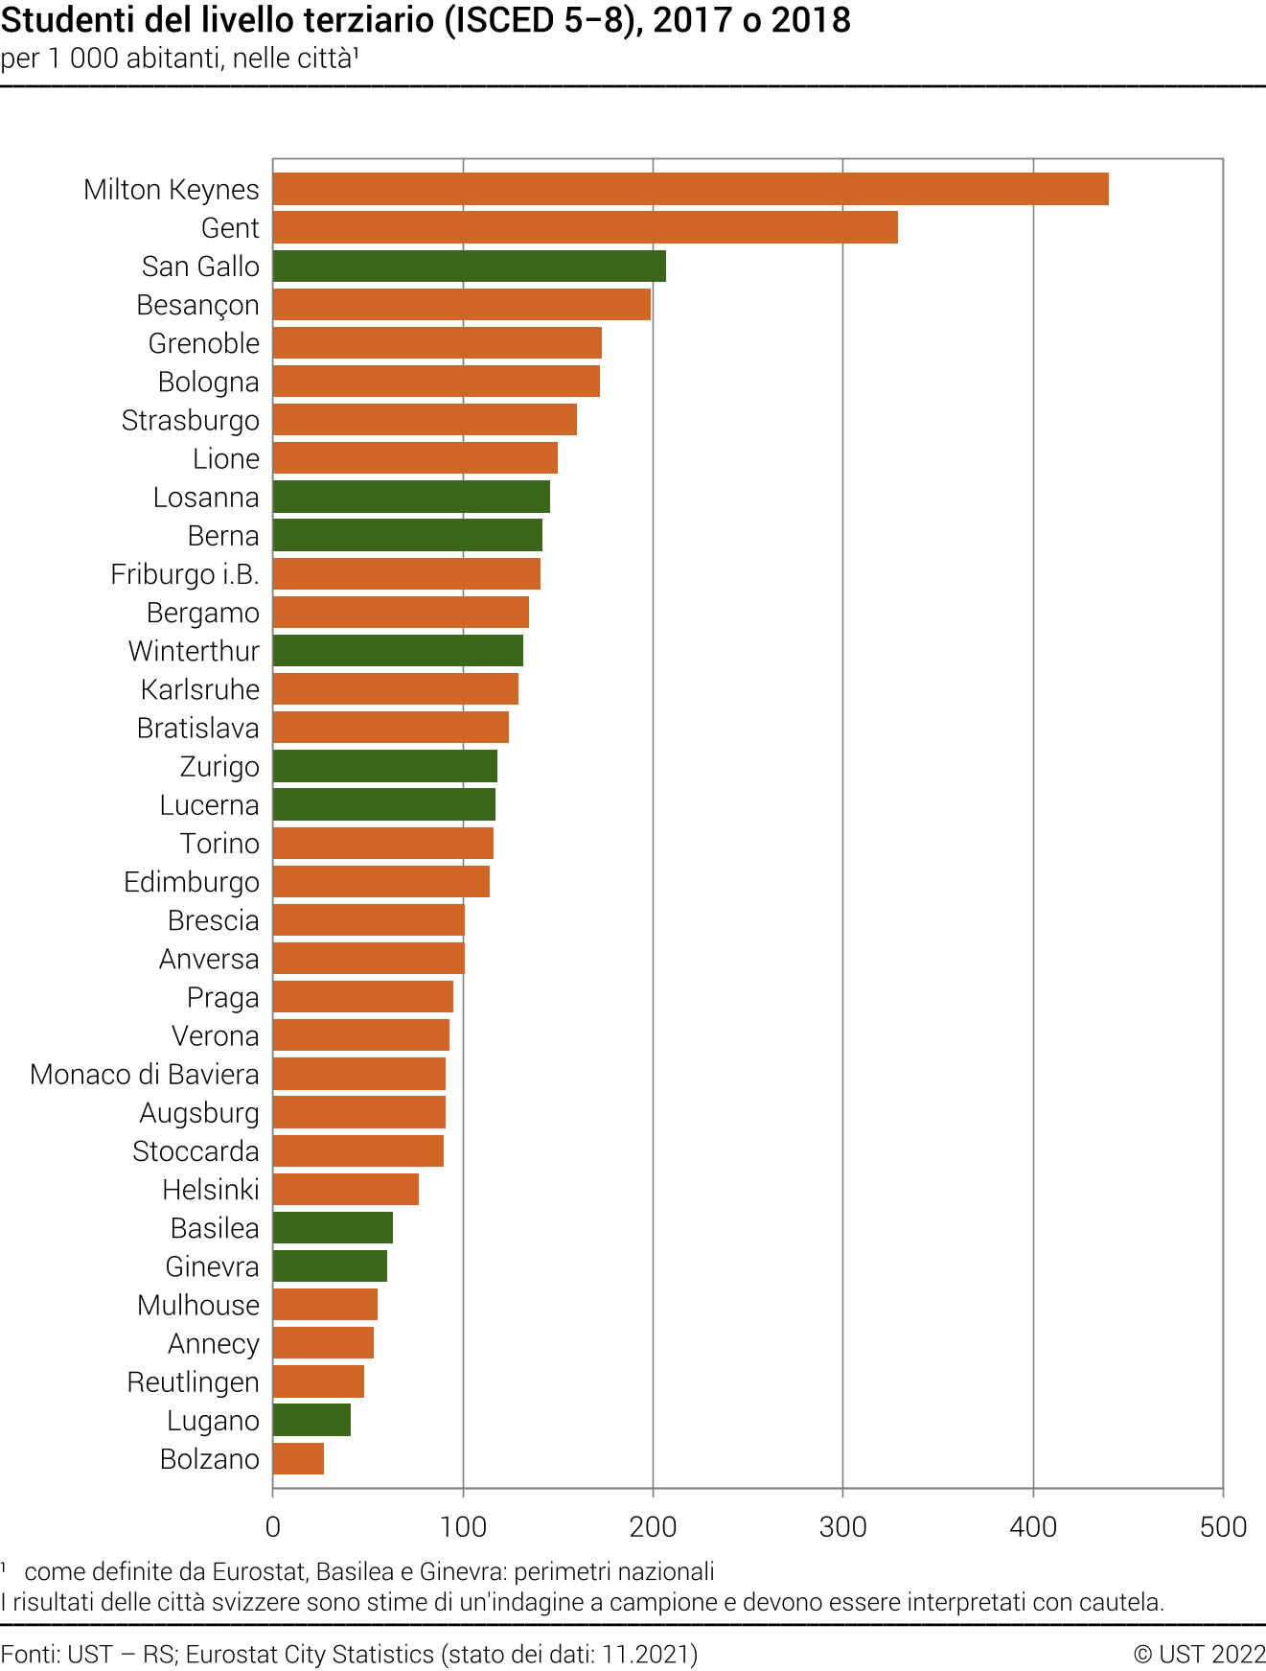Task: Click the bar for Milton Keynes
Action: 690,189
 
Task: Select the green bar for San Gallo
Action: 469,266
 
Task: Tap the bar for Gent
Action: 585,227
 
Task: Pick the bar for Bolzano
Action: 298,1458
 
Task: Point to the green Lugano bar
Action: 311,1420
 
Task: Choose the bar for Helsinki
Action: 345,1189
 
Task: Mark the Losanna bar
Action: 411,497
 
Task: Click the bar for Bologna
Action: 436,382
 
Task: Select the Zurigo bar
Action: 384,766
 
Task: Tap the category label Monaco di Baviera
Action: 145,1074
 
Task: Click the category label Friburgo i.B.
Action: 185,574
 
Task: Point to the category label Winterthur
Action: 194,651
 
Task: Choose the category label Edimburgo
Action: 192,882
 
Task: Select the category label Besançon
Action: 197,305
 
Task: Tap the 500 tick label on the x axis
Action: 1223,1526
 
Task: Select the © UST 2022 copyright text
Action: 1199,1654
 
